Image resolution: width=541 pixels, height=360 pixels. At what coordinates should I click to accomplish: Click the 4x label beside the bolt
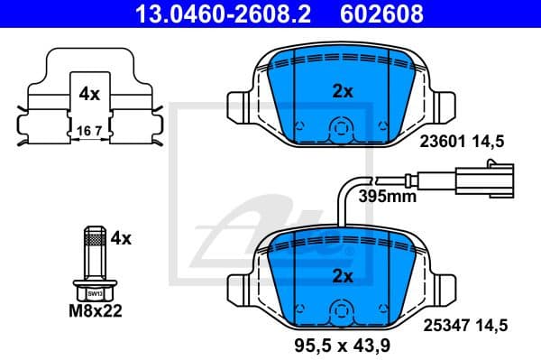[x=120, y=238]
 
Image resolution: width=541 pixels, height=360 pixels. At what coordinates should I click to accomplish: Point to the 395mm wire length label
[x=386, y=196]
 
